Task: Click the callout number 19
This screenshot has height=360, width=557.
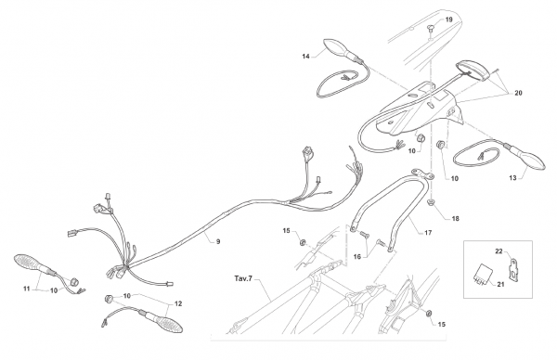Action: (448, 19)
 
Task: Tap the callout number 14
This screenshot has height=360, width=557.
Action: (305, 56)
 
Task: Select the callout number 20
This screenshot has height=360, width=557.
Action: (518, 93)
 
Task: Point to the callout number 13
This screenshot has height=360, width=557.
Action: (512, 178)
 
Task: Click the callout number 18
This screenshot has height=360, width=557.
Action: (455, 219)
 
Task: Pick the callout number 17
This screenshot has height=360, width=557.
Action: (428, 233)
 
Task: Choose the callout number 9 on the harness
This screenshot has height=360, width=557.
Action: (218, 241)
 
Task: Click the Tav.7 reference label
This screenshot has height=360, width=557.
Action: (243, 278)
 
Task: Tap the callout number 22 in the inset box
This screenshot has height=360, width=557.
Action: (499, 251)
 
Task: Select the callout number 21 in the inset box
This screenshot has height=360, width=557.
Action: (500, 284)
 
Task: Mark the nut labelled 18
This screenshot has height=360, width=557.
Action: (431, 202)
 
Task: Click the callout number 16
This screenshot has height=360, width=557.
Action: (357, 256)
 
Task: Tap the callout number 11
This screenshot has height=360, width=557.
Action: (27, 289)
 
